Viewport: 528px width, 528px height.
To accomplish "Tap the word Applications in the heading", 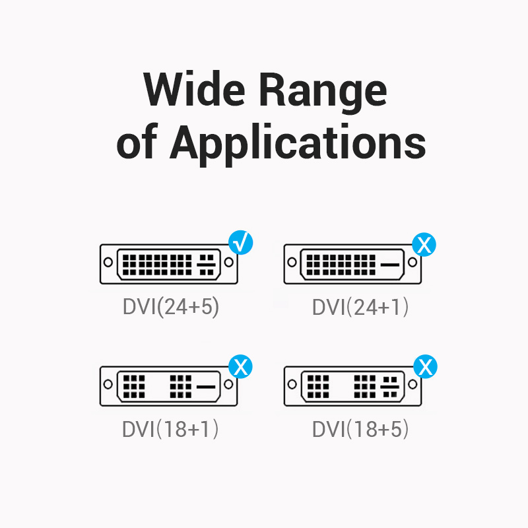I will point(299,143).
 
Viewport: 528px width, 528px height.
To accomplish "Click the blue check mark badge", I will point(241,243).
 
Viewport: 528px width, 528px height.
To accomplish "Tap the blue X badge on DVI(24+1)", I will point(424,244).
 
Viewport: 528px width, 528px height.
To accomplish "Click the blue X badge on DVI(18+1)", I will point(240,366).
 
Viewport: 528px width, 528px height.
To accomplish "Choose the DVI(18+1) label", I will point(170,429).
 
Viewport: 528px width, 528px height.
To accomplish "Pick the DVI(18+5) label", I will point(360,429).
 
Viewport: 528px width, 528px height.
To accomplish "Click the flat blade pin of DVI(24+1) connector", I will point(391,265).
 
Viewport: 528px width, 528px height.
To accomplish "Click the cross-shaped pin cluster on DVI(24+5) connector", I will point(207,263).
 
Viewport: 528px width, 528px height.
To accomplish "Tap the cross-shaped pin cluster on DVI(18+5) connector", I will point(391,385).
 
